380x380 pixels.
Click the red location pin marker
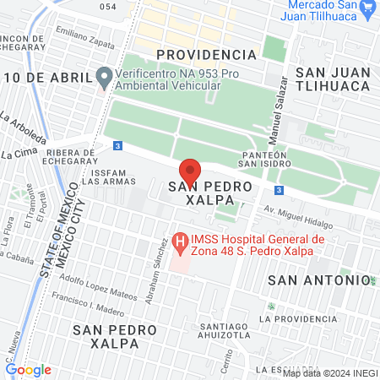pyautogui.click(x=190, y=170)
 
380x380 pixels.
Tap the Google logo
pyautogui.click(x=28, y=369)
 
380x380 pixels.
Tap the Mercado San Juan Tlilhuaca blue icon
pyautogui.click(x=367, y=9)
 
